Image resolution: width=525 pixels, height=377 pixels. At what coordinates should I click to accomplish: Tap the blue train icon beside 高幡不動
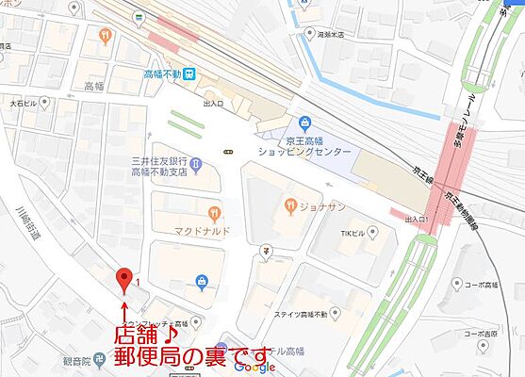(189, 72)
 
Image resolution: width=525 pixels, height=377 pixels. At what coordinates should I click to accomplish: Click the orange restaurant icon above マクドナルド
(217, 212)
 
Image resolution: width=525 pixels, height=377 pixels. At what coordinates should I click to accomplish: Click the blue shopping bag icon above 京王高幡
(304, 123)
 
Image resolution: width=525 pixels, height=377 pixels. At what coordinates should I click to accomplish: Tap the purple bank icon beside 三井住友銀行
(194, 167)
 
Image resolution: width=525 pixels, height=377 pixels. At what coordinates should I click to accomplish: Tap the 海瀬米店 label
(331, 32)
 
